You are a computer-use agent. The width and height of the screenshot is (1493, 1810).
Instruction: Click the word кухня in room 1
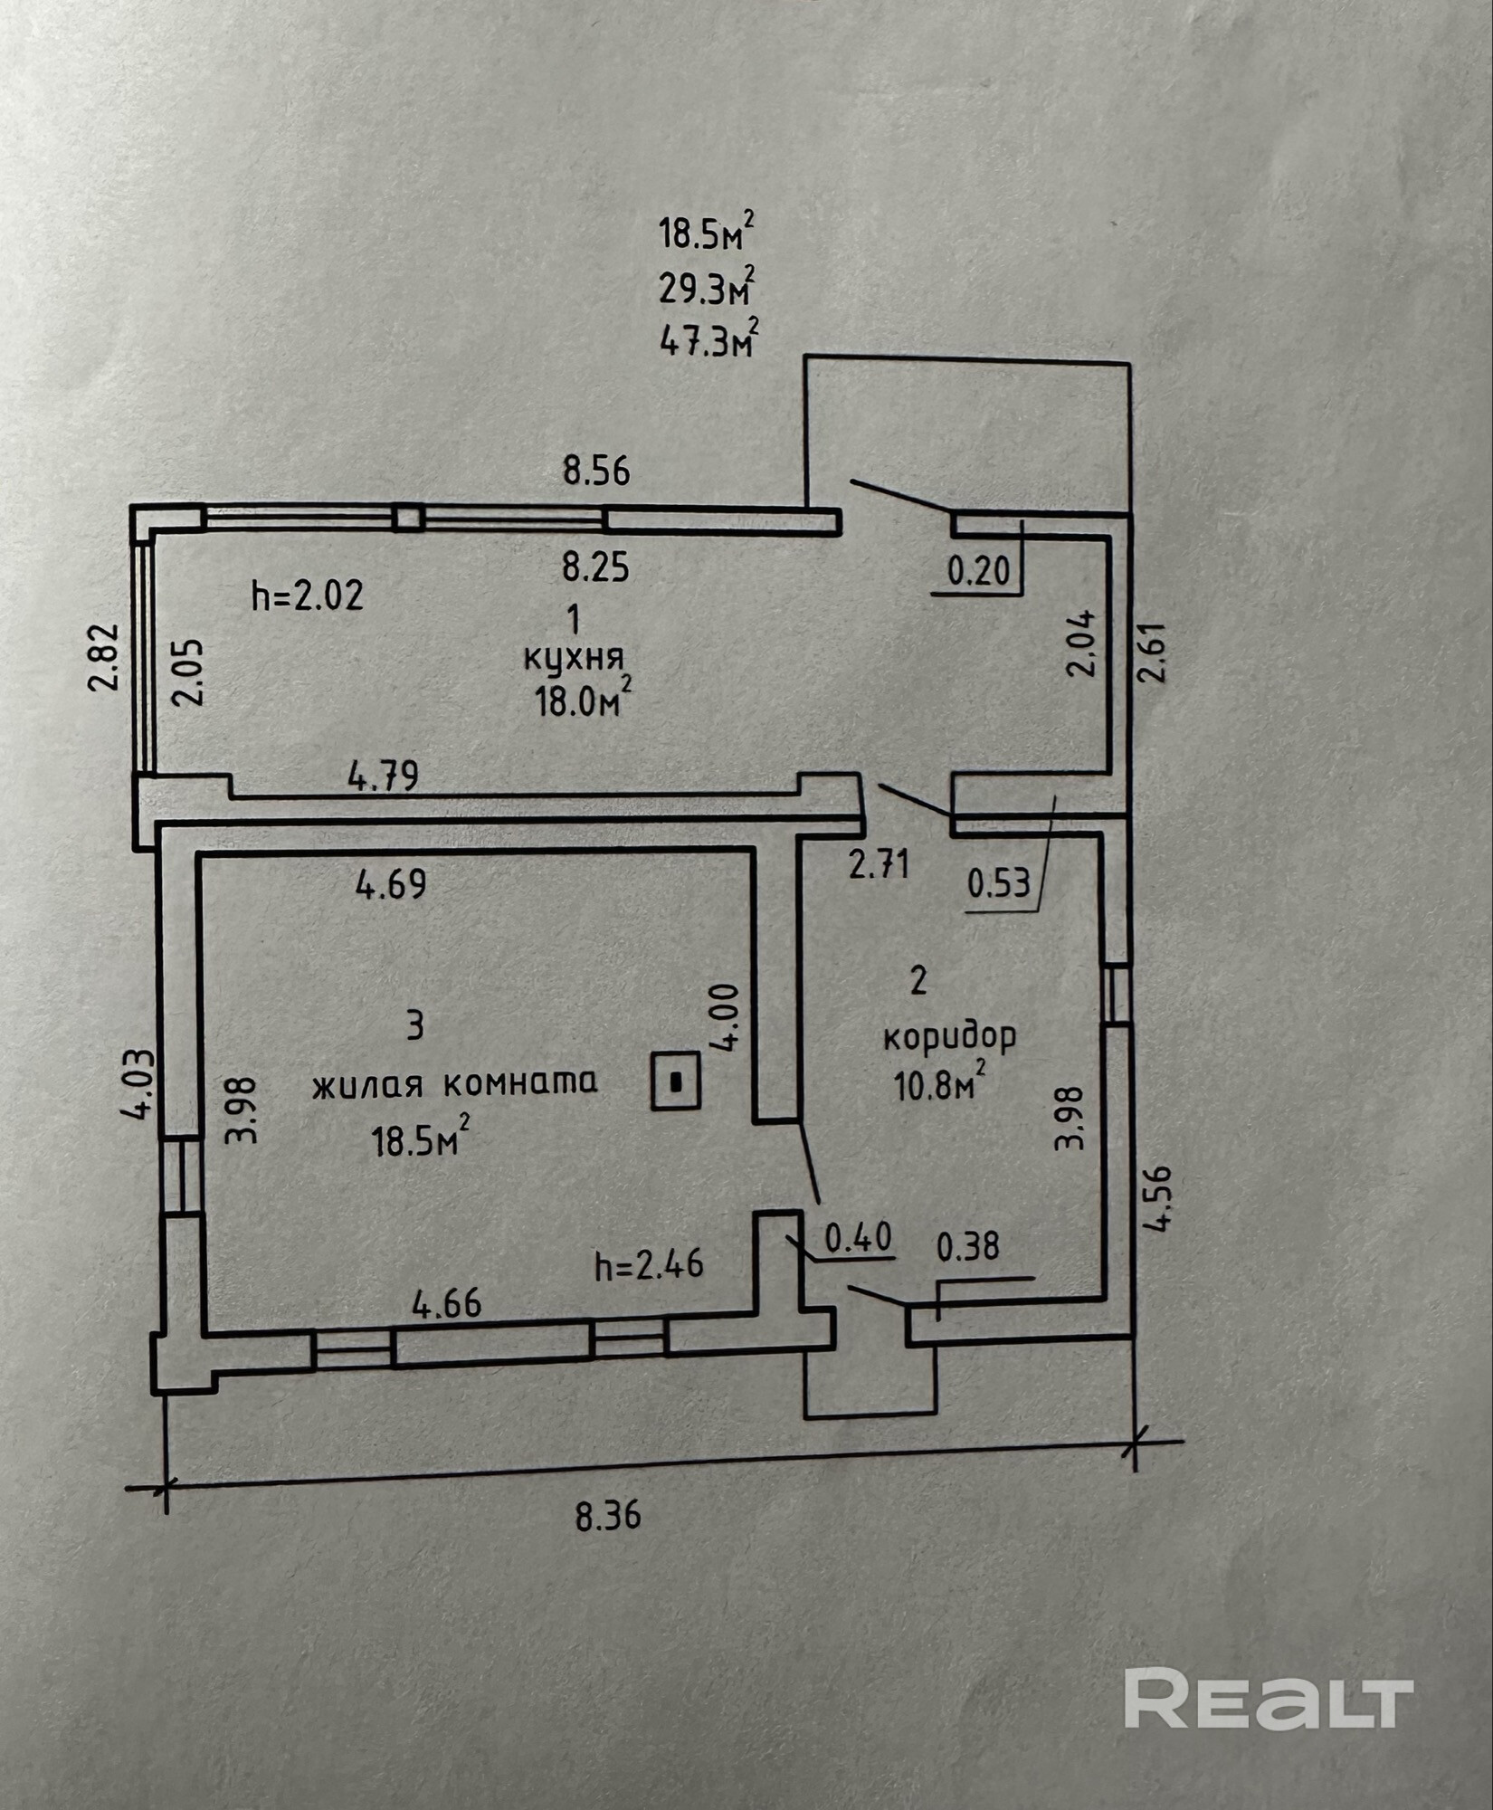click(574, 658)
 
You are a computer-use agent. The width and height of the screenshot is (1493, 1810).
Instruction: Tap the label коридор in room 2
click(949, 1036)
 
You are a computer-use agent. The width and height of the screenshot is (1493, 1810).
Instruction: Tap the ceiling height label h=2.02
click(308, 595)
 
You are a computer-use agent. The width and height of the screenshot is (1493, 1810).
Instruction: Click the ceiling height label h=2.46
click(649, 1264)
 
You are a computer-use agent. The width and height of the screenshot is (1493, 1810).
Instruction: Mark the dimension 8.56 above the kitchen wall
click(596, 472)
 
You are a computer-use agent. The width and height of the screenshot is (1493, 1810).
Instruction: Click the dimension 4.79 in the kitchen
click(384, 776)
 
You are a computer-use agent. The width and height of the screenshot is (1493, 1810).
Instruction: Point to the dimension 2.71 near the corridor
click(879, 865)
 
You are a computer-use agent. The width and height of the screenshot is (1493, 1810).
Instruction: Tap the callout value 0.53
click(999, 882)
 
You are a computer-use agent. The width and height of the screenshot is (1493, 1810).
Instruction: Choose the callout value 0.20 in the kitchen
click(978, 572)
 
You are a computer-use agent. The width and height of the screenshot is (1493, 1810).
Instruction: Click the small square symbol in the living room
click(676, 1080)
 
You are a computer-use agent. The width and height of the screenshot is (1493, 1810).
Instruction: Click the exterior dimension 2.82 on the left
click(105, 657)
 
